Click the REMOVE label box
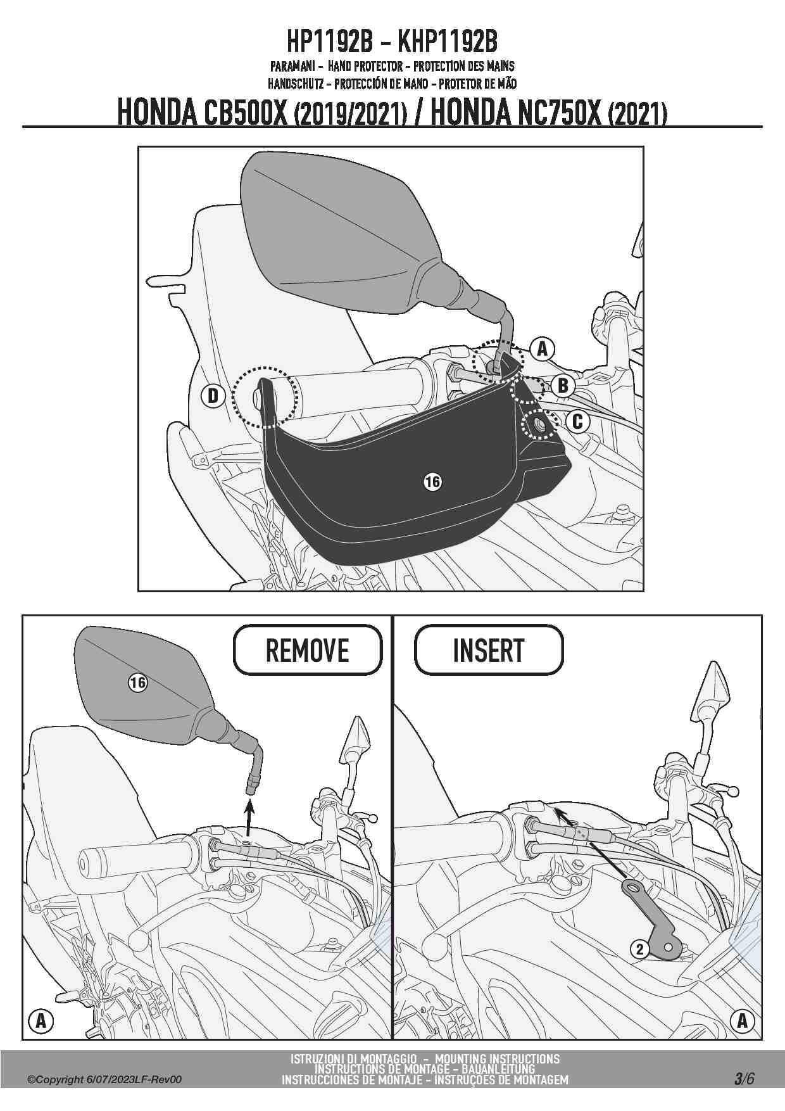(308, 650)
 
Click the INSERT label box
(489, 650)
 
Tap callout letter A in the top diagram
(542, 349)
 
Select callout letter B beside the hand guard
(563, 385)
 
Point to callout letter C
(577, 421)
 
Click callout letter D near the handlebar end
(213, 396)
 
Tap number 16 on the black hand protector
(432, 482)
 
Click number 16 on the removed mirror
(137, 683)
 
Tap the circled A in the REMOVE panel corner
(41, 1020)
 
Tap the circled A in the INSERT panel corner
(742, 1020)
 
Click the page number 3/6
(744, 1079)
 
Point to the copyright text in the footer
(104, 1080)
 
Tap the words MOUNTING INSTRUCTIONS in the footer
(497, 1058)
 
